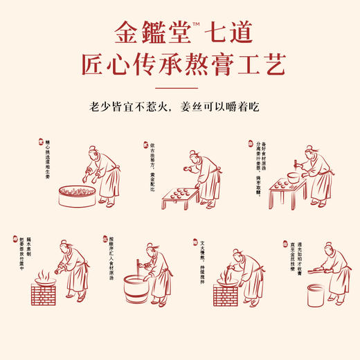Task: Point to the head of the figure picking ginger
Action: click(x=93, y=150)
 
